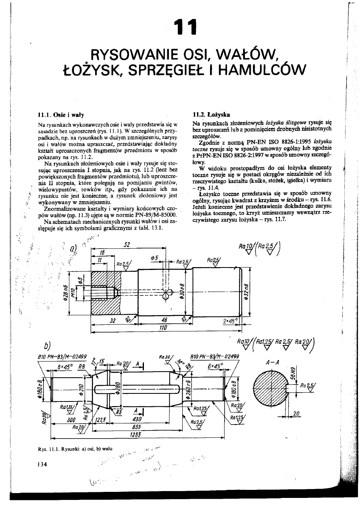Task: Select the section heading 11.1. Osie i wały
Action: coord(55,115)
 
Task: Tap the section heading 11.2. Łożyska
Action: coord(212,115)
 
